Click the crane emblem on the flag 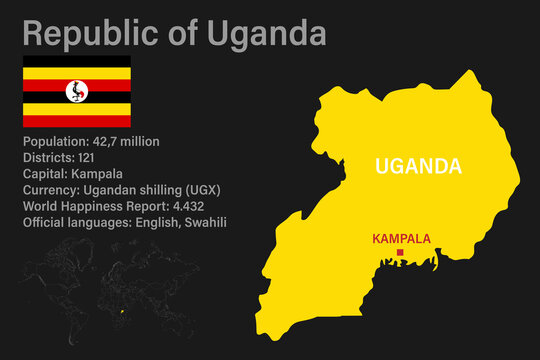point(77,92)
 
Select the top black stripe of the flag point(77,62)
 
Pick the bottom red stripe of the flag point(77,121)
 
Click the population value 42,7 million point(123,142)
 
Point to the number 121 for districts point(87,158)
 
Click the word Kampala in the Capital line point(98,174)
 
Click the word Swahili point(204,222)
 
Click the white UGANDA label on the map point(418,166)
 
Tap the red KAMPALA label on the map point(402,239)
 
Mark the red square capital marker point(400,253)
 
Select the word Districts point(48,158)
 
